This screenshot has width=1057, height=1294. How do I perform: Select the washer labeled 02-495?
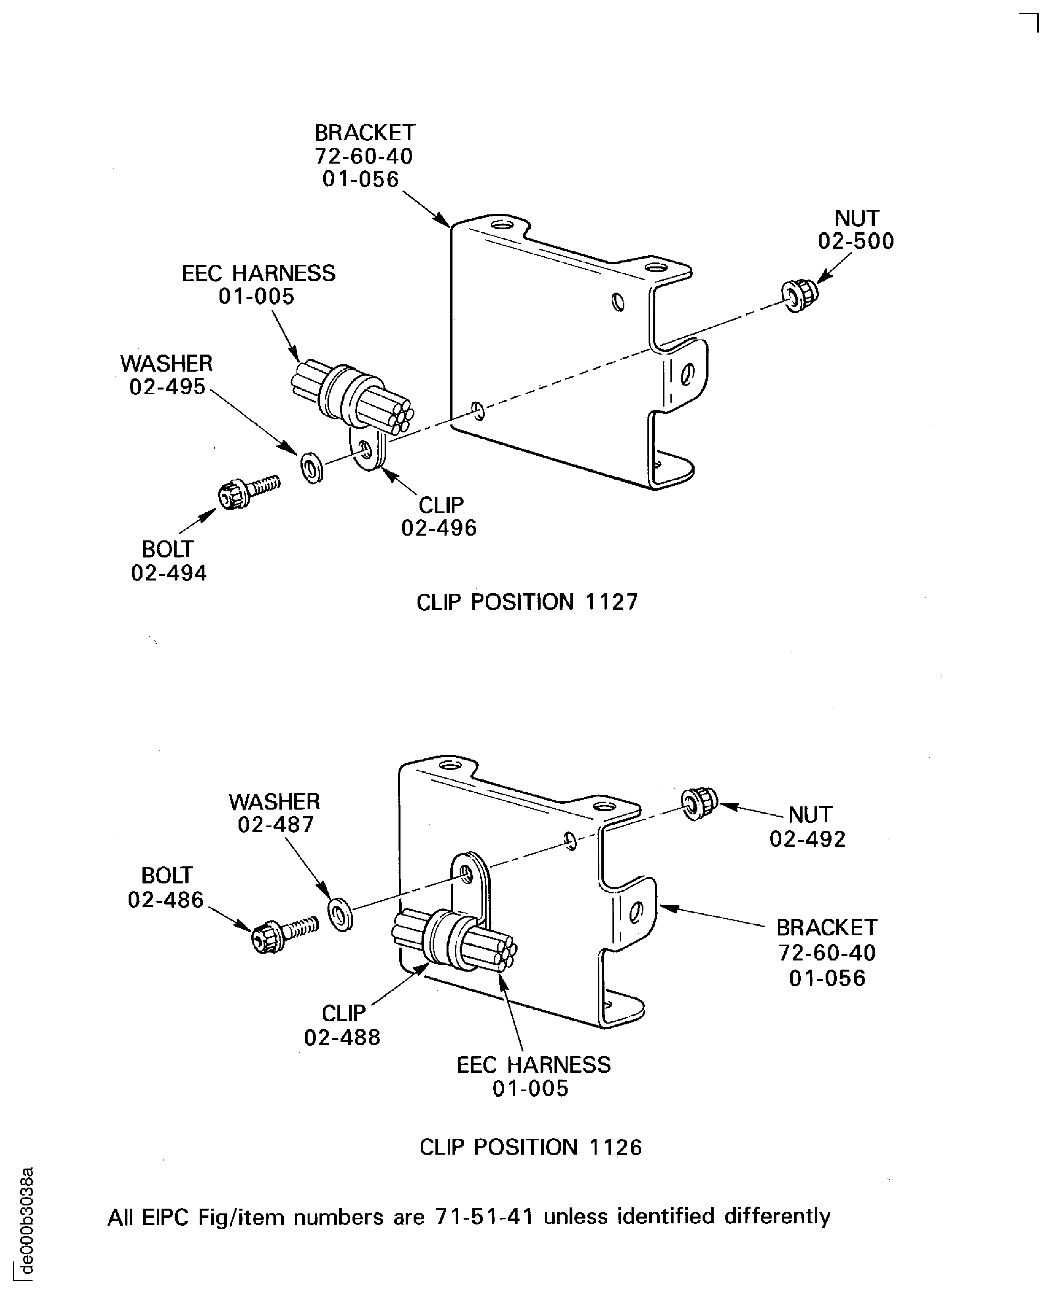pos(312,467)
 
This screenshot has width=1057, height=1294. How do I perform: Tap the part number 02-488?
pos(342,1037)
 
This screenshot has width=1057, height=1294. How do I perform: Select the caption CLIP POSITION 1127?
pos(527,602)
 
